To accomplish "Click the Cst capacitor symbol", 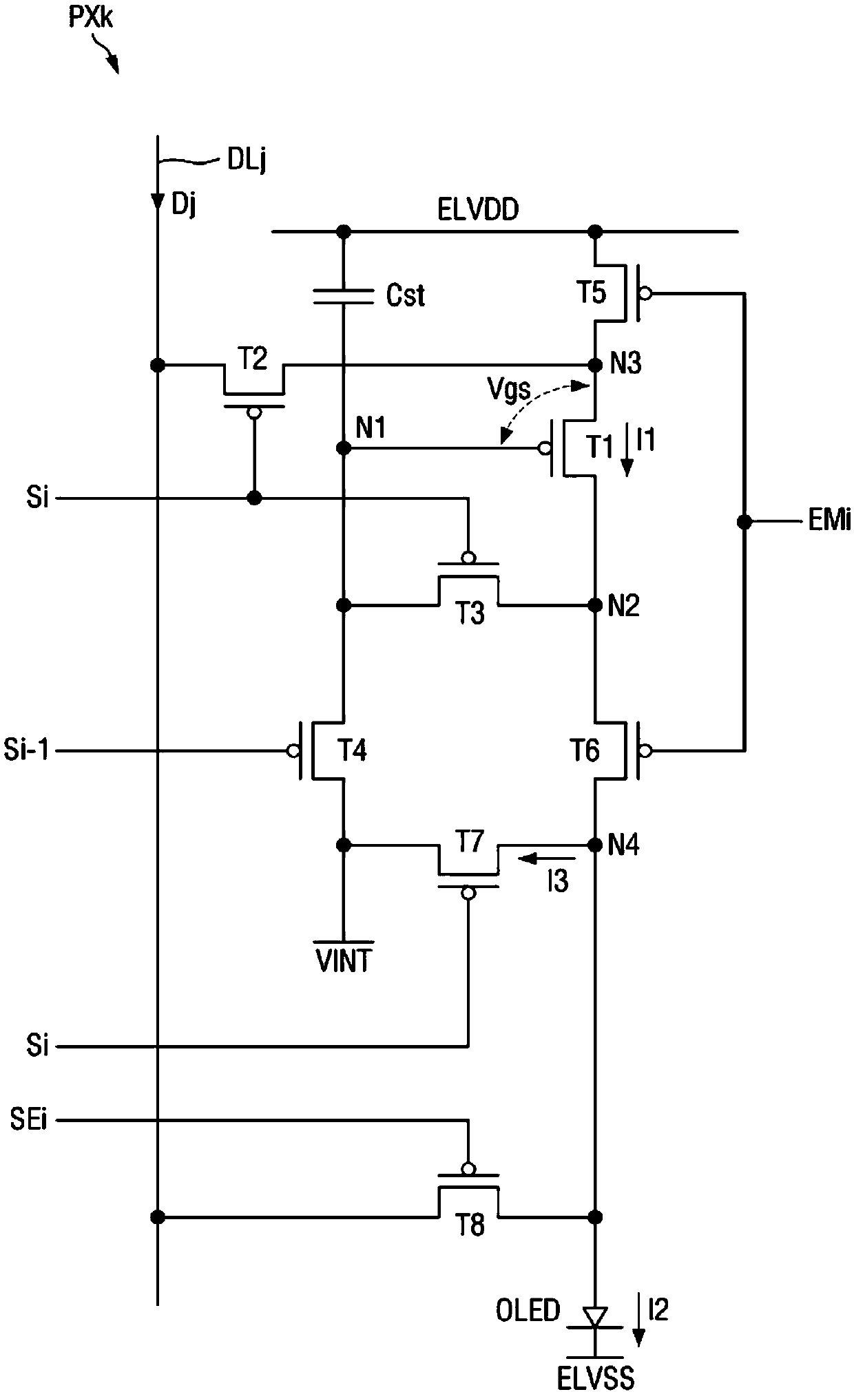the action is [343, 295].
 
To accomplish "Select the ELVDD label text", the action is [478, 209].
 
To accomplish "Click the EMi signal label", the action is [830, 521].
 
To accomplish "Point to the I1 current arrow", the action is [626, 452].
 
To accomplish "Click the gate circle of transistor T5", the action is [645, 294].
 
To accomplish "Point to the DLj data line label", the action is [247, 162].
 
